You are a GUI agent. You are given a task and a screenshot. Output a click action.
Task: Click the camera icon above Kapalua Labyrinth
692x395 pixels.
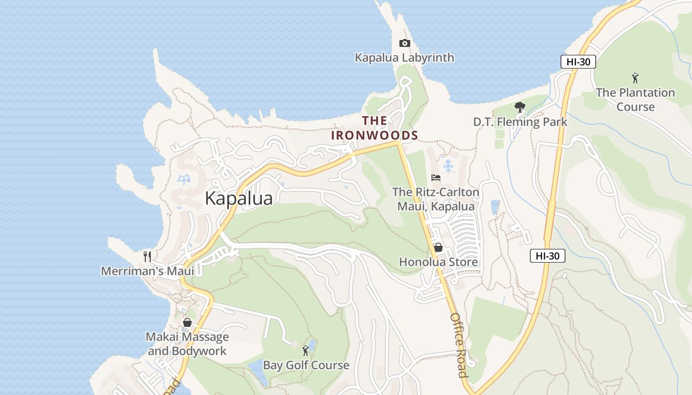tap(404, 43)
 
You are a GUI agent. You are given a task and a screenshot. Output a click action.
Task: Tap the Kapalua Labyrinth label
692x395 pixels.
tap(404, 58)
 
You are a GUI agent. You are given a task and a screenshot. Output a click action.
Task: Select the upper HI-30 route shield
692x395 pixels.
tap(578, 62)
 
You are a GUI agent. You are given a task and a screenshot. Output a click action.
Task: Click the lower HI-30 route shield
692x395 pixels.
tap(547, 256)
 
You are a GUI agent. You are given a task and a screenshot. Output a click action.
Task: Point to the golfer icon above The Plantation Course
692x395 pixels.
tap(635, 78)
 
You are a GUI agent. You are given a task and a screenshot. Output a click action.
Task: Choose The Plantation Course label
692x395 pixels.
tap(635, 100)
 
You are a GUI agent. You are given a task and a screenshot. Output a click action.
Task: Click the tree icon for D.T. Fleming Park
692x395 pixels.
tap(519, 107)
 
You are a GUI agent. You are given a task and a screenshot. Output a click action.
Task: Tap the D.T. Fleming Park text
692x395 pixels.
tap(520, 122)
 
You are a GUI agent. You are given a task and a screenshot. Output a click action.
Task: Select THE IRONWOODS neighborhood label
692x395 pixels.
tap(375, 128)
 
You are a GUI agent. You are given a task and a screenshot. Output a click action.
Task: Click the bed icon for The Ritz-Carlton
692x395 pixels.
tap(435, 178)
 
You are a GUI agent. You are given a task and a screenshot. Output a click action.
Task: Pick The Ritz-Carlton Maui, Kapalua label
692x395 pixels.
tap(435, 199)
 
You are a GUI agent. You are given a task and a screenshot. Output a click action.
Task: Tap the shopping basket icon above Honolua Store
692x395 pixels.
tap(438, 247)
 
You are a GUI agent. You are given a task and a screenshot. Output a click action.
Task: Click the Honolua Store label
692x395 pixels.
tap(438, 262)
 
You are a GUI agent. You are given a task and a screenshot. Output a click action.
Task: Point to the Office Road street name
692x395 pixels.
tap(458, 345)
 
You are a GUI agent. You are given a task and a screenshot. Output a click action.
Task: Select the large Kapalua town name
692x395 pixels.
tap(238, 198)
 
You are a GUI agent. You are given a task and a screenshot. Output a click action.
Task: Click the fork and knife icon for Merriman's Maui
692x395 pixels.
tap(147, 256)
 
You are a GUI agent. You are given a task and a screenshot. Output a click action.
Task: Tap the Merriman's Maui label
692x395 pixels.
tap(147, 271)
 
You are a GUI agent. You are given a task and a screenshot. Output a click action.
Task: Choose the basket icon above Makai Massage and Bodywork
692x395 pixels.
tap(187, 323)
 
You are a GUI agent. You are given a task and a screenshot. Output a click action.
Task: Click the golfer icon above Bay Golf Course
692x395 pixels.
tap(305, 351)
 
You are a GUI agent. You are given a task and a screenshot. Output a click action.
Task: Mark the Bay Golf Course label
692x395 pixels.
tap(306, 365)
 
